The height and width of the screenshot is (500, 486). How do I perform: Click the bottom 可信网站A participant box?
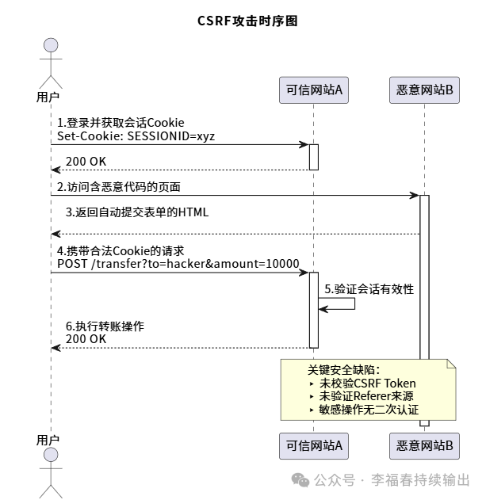[313, 446]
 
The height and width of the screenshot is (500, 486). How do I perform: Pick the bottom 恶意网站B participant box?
[424, 446]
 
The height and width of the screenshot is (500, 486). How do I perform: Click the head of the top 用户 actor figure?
[51, 45]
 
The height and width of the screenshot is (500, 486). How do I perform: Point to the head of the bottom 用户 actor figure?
[51, 455]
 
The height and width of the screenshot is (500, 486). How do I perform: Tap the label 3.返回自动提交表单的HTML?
[137, 213]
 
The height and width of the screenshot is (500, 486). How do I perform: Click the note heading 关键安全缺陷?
[343, 370]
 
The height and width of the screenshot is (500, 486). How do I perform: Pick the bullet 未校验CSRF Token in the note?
[367, 384]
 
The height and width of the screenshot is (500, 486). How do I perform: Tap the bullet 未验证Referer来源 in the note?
[365, 396]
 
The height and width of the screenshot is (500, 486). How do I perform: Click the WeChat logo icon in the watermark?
[301, 480]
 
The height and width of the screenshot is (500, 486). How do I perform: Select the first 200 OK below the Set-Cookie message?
[86, 161]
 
